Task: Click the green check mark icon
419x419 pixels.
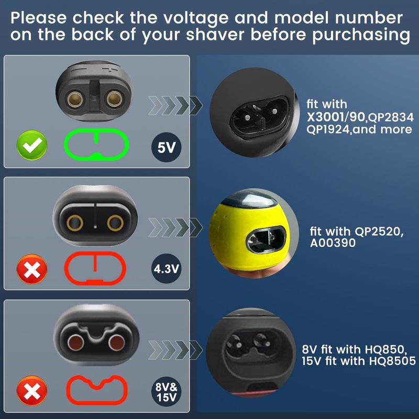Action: (x=32, y=145)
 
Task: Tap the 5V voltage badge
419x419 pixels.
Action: (x=166, y=147)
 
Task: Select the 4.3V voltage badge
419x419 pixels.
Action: (x=166, y=269)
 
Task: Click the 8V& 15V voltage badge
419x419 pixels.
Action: (x=166, y=392)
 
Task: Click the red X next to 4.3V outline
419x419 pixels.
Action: (x=32, y=269)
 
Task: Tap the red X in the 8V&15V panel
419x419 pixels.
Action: (x=32, y=391)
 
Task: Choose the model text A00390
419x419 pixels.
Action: (x=333, y=243)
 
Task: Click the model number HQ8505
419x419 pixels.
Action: (x=392, y=361)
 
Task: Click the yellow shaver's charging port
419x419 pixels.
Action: (x=266, y=239)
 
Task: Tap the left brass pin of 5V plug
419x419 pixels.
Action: (x=75, y=100)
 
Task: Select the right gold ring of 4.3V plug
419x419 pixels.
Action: (x=115, y=223)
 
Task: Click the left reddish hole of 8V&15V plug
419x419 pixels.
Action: (x=75, y=343)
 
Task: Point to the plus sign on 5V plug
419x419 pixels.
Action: (x=109, y=69)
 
